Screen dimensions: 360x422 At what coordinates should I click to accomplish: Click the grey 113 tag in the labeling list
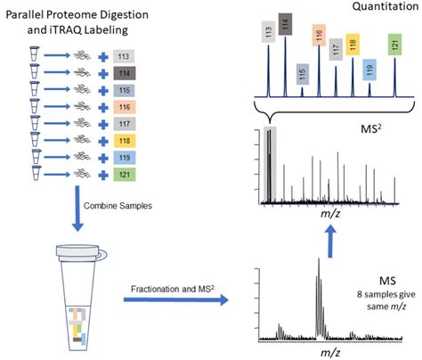pyautogui.click(x=125, y=56)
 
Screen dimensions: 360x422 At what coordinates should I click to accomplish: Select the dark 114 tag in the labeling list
pyautogui.click(x=125, y=72)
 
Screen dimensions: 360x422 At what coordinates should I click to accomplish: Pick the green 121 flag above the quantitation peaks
pyautogui.click(x=394, y=45)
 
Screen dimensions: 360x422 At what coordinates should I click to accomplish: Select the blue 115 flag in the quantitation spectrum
pyautogui.click(x=302, y=74)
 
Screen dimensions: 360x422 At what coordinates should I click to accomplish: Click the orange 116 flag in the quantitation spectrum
pyautogui.click(x=319, y=37)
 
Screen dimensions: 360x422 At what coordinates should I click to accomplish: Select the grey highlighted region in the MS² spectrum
pyautogui.click(x=270, y=165)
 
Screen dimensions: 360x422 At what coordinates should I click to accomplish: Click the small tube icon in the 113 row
pyautogui.click(x=33, y=56)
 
